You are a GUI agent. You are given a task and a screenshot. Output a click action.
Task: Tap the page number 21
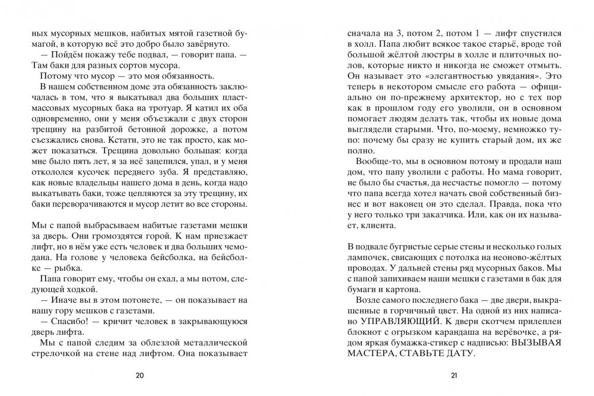pyautogui.click(x=454, y=375)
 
